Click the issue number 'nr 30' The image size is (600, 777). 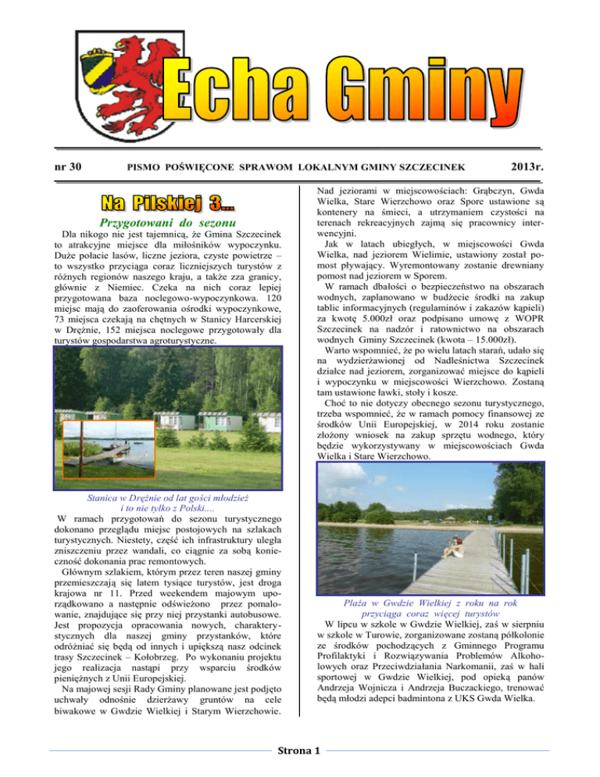[x=70, y=166]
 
